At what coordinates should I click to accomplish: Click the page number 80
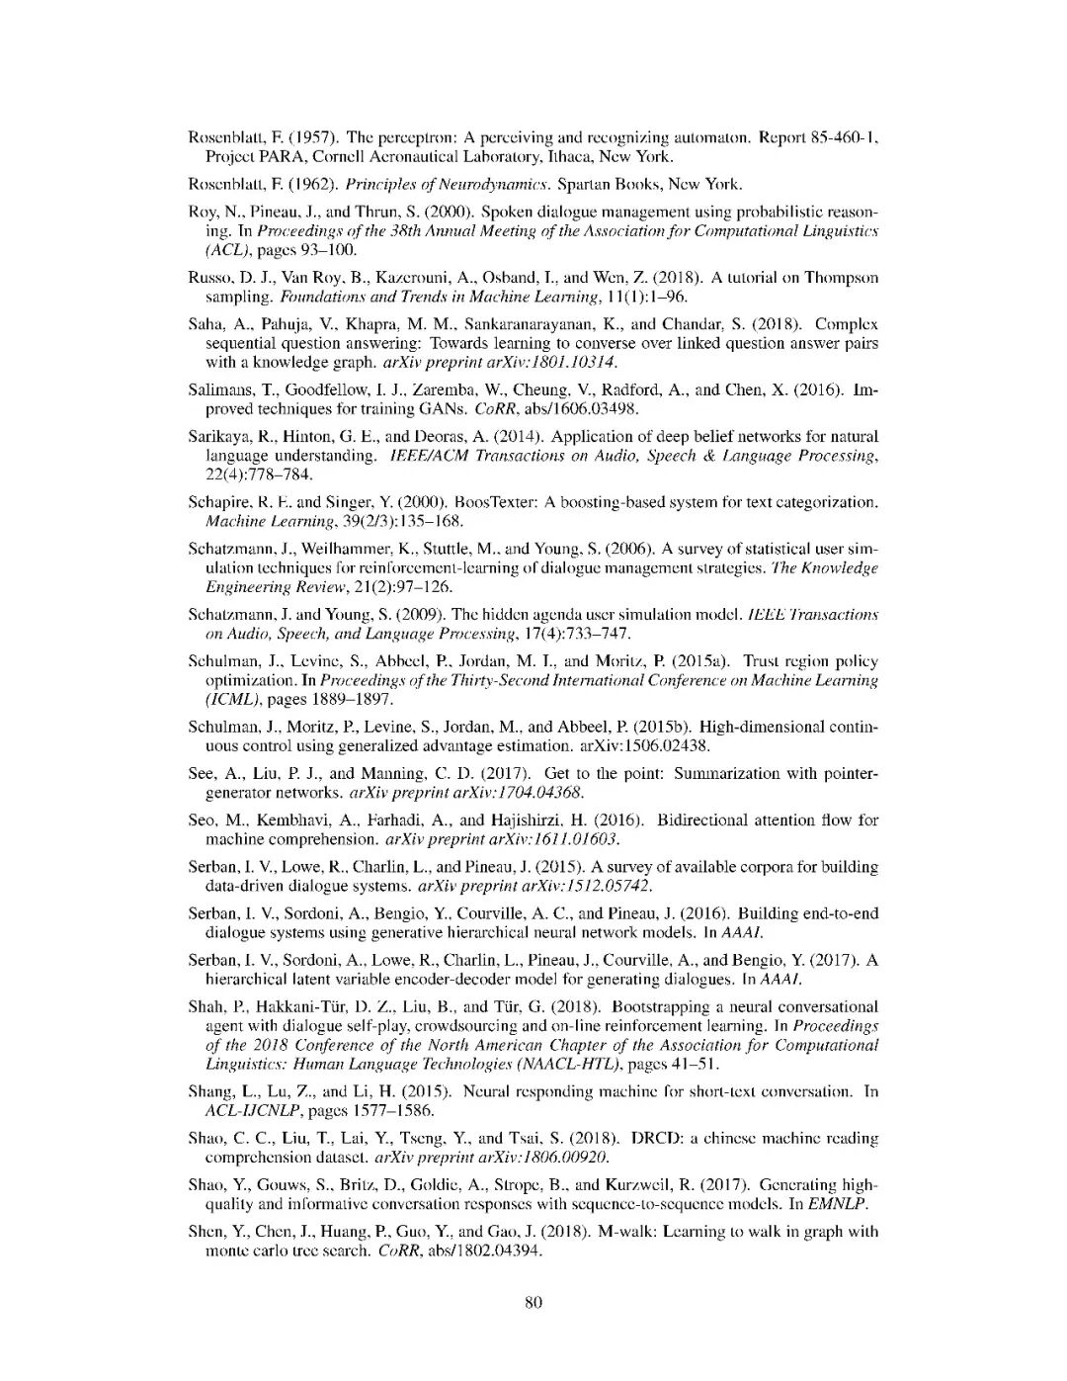[x=533, y=1302]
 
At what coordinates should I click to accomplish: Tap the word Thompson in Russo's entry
[x=840, y=278]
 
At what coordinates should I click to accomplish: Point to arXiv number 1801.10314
[x=573, y=362]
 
